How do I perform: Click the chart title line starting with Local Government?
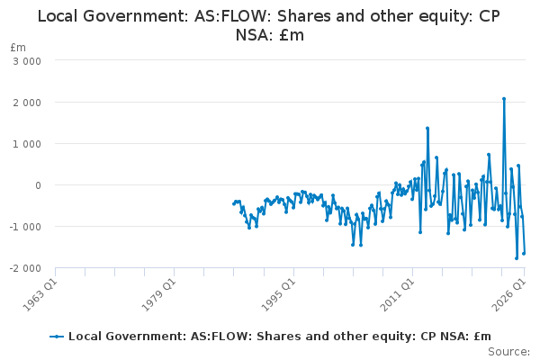click(268, 16)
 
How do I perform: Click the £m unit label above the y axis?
click(18, 47)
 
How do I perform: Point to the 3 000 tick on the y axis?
click(27, 61)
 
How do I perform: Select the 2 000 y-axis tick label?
click(27, 103)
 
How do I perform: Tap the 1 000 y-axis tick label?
click(27, 144)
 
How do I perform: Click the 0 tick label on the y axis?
click(38, 185)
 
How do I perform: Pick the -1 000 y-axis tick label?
click(25, 227)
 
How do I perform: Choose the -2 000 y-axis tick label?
click(25, 268)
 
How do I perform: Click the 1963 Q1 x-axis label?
click(40, 294)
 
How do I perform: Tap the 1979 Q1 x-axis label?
click(158, 294)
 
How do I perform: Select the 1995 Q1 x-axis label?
click(278, 294)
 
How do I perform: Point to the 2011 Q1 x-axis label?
click(397, 294)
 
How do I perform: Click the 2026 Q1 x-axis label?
click(509, 294)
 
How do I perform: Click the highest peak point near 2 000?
click(504, 99)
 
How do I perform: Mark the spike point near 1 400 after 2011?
click(427, 128)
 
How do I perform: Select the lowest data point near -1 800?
click(517, 258)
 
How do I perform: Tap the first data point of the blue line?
click(233, 204)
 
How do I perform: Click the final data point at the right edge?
click(524, 253)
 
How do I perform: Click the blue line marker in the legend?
click(57, 337)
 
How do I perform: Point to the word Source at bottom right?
click(508, 352)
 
